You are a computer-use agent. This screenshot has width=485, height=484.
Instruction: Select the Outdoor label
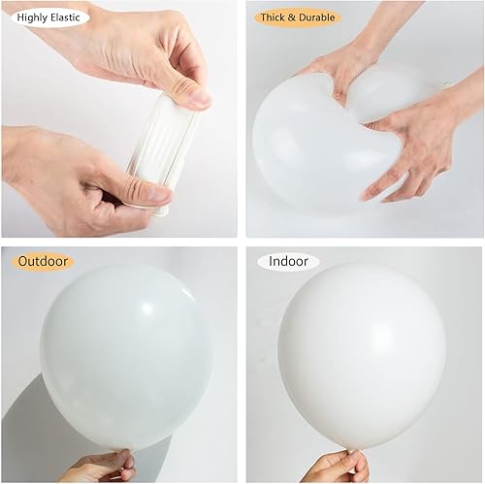pos(42,261)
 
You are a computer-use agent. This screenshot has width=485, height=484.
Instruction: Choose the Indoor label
pos(288,261)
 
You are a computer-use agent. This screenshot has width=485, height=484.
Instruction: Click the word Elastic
pos(63,16)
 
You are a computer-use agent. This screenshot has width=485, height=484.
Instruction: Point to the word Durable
pos(316,16)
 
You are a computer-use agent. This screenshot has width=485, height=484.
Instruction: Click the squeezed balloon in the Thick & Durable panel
pos(320,145)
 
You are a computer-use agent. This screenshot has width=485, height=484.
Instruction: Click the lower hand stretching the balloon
pos(68,175)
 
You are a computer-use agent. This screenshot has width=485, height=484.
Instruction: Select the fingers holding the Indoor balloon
pos(335,468)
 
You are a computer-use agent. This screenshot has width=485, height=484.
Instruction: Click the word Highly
pos(31,16)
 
